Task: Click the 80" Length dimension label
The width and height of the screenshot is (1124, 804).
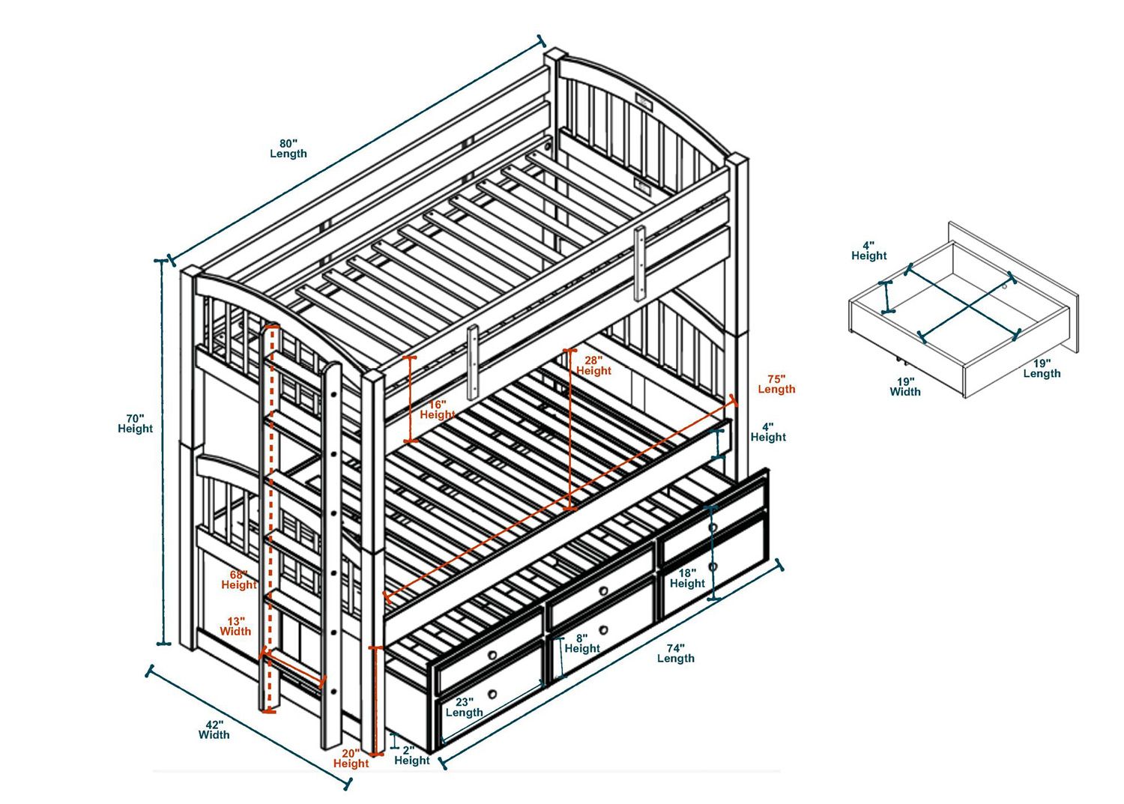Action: pos(288,148)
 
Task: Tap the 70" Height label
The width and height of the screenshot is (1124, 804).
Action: pos(135,423)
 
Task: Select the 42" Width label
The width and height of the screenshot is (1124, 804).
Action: pos(214,730)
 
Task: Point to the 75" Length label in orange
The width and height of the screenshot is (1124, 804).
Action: pos(776,384)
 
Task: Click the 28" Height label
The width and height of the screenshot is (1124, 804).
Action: pos(593,365)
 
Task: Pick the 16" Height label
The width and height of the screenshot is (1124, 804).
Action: pos(437,409)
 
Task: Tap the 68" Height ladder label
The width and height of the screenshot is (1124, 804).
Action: pos(239,579)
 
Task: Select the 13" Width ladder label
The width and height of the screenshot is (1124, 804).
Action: pos(236,626)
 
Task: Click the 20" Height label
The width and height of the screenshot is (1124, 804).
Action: pos(351,758)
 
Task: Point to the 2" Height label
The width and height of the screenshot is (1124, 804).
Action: pos(411,755)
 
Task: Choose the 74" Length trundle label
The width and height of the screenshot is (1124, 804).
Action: pos(675,653)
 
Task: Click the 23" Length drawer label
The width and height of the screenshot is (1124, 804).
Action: pos(465,707)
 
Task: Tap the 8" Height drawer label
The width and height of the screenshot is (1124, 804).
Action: pos(582,643)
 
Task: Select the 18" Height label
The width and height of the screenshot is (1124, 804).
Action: pos(687,578)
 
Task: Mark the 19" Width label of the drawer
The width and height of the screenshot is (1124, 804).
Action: pos(905,386)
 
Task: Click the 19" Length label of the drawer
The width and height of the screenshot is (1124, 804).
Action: pos(1042,368)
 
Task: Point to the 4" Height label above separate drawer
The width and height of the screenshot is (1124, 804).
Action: pos(868,250)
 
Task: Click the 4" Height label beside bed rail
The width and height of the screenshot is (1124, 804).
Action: pos(768,432)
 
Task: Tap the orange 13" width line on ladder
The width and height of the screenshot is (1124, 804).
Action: pos(294,668)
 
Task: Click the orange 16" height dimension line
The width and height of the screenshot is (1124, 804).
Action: pos(410,399)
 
